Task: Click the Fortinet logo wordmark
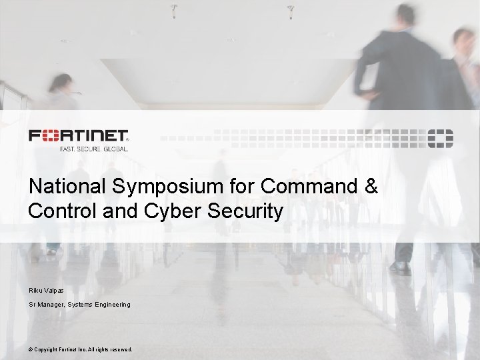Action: pos(79,137)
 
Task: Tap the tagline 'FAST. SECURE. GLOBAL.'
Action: pos(89,149)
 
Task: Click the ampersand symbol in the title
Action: pos(371,187)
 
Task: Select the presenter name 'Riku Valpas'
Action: pos(47,290)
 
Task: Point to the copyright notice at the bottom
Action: pos(81,349)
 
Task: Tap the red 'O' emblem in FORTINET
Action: pos(51,137)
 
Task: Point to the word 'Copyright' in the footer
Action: pos(50,349)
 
